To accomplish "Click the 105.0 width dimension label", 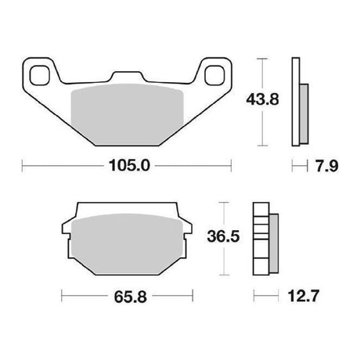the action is pos(129,165).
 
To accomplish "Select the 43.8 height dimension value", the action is pos(262,99).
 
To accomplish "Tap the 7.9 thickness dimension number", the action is pos(327,166).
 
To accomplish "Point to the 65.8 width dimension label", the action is pos(131,297).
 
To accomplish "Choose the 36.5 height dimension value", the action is pos(223,236).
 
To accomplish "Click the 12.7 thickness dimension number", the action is pos(304,296).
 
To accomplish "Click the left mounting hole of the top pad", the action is pos(40,75).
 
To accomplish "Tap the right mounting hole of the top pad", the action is pos(214,75).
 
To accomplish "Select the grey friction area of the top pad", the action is pos(128,114).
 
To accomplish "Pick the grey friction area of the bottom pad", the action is pos(127,244).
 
